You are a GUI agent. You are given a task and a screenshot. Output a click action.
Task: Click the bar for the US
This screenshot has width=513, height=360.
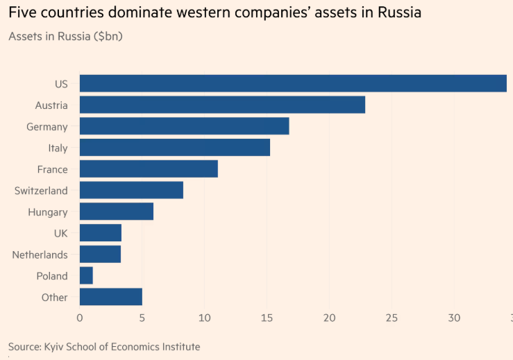293,83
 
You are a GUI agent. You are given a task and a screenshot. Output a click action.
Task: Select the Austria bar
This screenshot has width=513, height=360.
222,105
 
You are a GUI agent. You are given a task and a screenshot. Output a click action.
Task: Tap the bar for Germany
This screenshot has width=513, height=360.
184,126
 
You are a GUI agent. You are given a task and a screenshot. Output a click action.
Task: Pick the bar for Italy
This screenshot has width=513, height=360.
175,148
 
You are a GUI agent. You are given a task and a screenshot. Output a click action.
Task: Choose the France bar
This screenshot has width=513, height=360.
149,169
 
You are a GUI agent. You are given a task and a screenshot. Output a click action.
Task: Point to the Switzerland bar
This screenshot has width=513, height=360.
131,190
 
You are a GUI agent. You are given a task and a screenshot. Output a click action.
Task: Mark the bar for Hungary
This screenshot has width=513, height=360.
117,212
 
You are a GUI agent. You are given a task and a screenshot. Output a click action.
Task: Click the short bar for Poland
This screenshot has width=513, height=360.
86,276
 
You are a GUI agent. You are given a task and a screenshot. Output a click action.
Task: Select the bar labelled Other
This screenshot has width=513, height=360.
111,297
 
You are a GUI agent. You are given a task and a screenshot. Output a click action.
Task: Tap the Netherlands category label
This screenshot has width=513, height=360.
40,255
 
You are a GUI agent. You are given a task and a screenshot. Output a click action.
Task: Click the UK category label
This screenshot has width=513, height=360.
60,233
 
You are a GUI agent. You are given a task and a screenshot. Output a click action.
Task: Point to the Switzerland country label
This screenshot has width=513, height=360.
41,191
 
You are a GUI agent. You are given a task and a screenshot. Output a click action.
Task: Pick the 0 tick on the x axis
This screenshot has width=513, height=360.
80,318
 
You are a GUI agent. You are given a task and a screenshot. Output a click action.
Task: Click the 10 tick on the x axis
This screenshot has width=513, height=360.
204,318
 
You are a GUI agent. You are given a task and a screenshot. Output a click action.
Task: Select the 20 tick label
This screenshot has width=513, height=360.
329,318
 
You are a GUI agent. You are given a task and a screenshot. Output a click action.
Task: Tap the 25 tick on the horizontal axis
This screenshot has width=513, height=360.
392,318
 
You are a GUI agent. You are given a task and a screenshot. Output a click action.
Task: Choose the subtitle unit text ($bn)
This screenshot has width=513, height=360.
108,36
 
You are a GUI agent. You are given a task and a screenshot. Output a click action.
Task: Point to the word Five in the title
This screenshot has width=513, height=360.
22,13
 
